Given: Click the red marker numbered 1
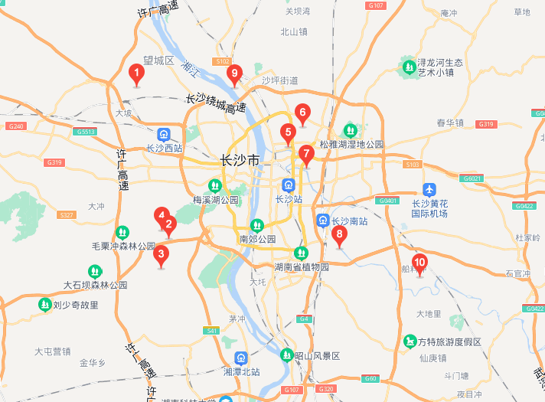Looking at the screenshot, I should [136, 75].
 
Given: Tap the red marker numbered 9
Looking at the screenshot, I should [235, 73].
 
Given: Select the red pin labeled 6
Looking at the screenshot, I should [302, 115].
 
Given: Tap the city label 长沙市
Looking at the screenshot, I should [240, 160].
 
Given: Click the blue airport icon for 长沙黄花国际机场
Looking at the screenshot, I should [429, 189].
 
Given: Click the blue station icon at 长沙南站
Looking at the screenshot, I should [323, 221].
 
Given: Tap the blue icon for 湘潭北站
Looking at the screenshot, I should [241, 357].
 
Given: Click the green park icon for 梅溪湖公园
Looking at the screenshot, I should [215, 185].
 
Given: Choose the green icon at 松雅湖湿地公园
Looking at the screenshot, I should [351, 130].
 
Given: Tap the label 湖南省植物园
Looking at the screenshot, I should [302, 267].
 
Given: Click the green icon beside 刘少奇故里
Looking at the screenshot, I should [44, 304].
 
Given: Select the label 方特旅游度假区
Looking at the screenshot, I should [450, 342].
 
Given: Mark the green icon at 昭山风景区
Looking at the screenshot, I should [286, 355].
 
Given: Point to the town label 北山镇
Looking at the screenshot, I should [293, 32].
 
